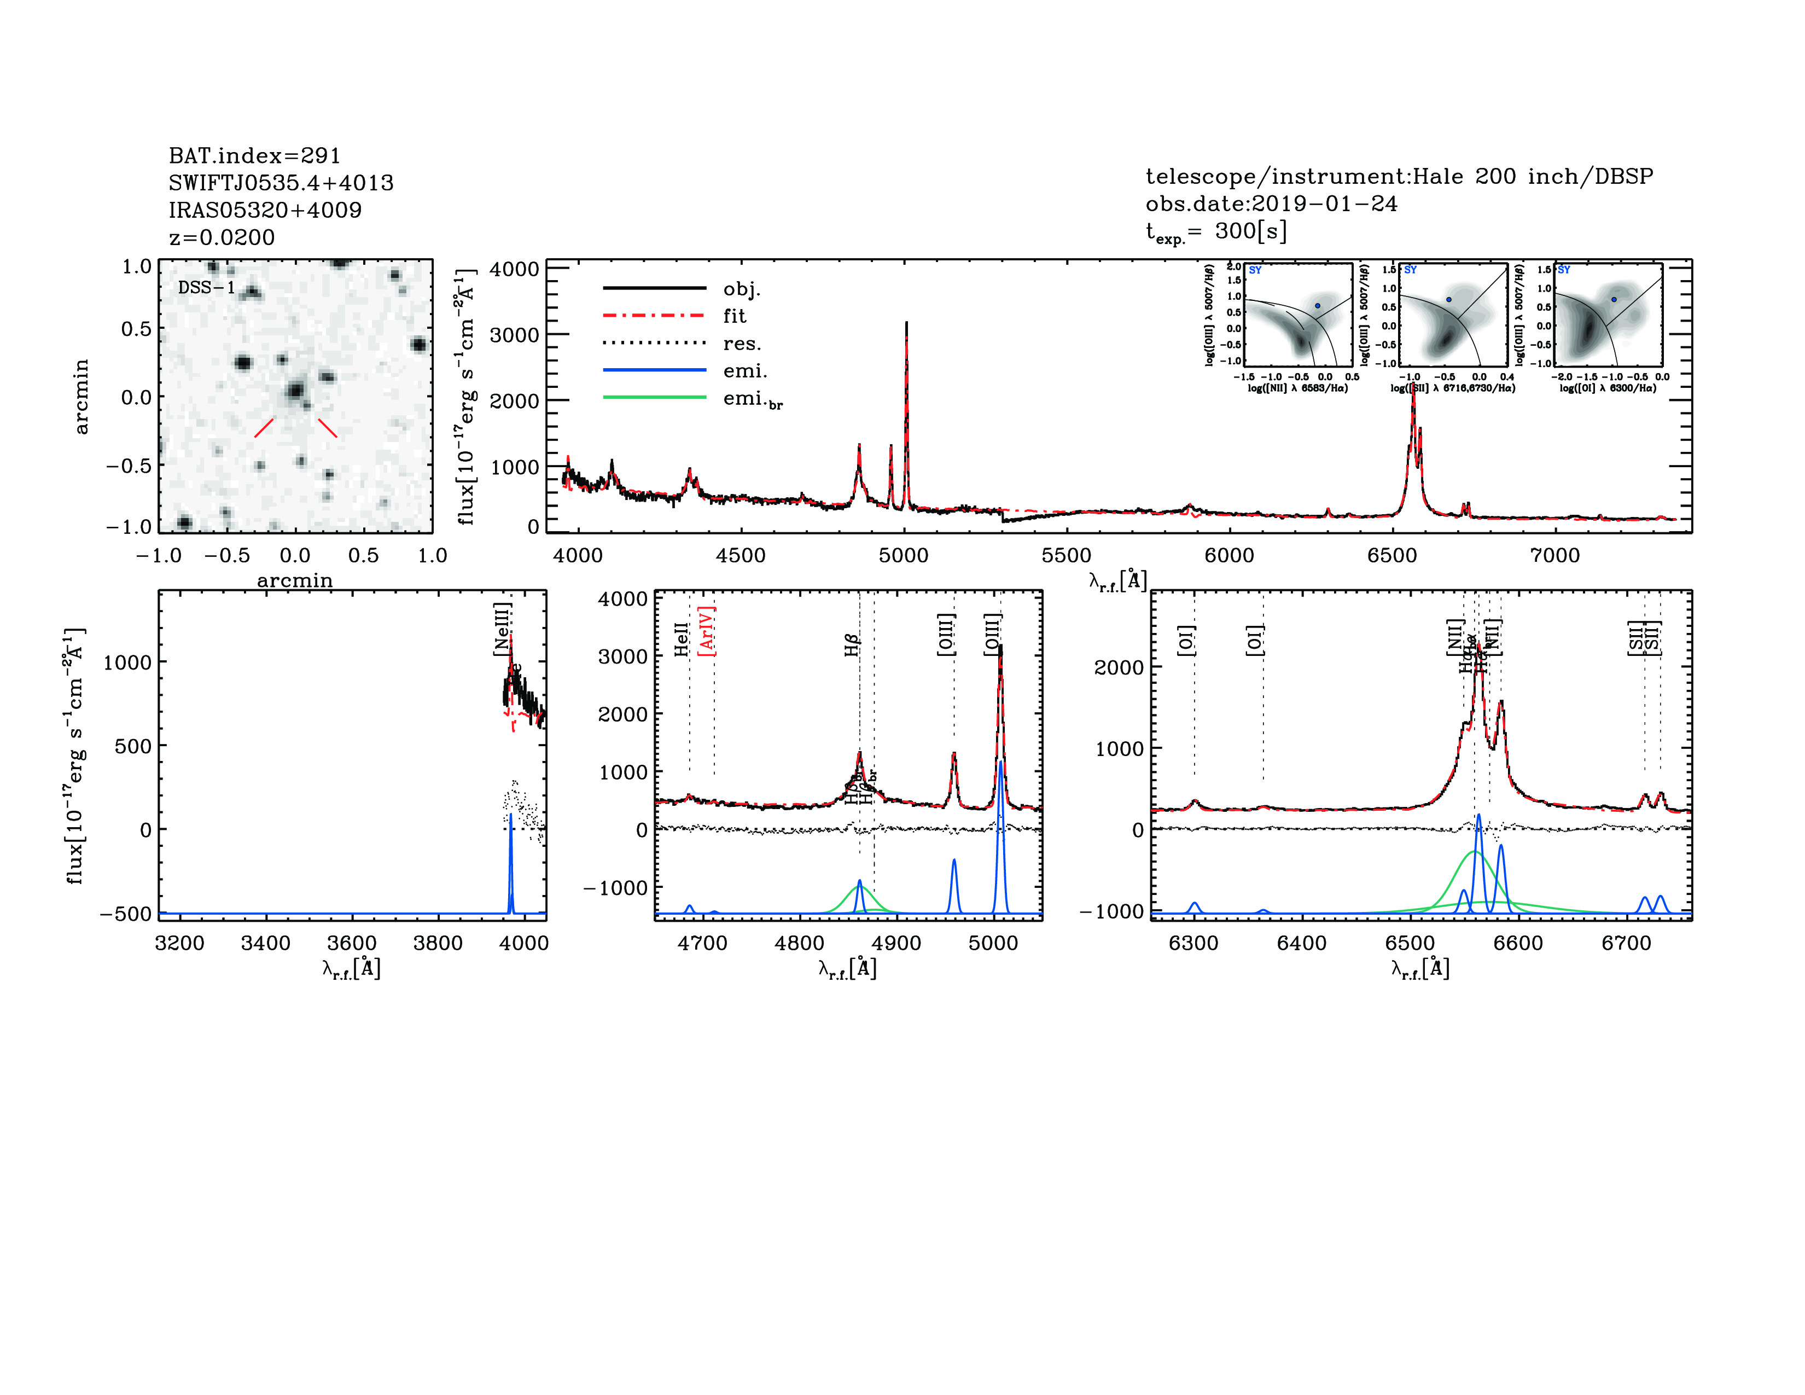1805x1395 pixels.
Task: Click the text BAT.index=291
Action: point(254,155)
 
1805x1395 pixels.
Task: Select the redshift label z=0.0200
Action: point(222,237)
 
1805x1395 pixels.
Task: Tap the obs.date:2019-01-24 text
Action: point(1271,204)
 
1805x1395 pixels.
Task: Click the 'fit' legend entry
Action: point(734,316)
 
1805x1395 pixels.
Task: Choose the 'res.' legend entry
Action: point(741,343)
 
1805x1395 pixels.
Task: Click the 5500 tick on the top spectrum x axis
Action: point(1066,555)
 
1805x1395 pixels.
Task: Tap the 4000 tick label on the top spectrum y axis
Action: point(514,269)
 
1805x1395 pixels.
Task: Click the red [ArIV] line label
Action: point(707,631)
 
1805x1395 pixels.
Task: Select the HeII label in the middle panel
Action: point(681,640)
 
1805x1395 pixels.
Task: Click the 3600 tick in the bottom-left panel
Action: point(352,943)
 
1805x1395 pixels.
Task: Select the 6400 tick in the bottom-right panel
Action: point(1302,943)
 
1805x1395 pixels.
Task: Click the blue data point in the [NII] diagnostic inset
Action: point(1318,306)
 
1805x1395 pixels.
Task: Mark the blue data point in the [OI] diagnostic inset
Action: point(1613,299)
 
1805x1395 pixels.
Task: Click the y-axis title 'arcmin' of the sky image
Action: point(81,397)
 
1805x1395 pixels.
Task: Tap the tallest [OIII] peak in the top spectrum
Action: point(907,324)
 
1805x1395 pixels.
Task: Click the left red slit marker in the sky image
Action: point(264,427)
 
